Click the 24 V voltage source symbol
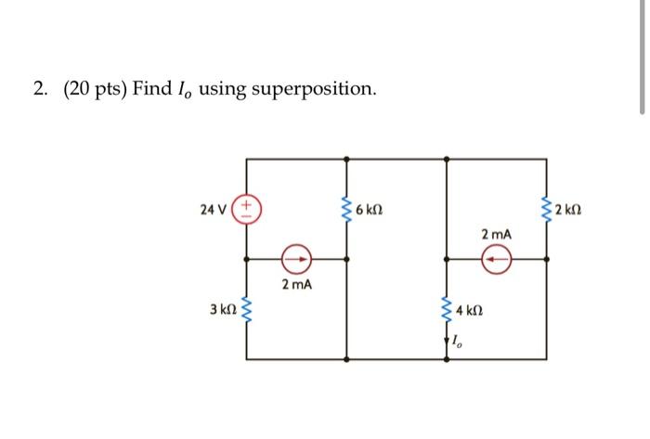point(246,208)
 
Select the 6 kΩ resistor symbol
point(347,209)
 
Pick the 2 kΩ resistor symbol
point(548,209)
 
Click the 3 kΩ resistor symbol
point(246,307)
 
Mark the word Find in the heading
point(153,89)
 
